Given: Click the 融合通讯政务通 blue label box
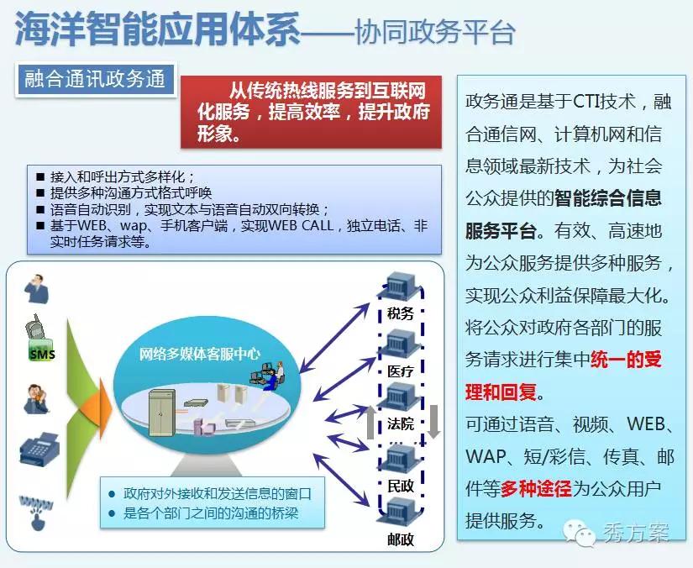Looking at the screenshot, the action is pyautogui.click(x=95, y=80).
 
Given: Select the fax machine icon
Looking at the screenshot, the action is pyautogui.click(x=39, y=448).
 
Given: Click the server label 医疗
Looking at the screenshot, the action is pyautogui.click(x=401, y=371).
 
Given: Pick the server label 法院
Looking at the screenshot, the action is pyautogui.click(x=401, y=424).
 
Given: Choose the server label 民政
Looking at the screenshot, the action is pyautogui.click(x=401, y=486).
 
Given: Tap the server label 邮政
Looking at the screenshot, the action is pyautogui.click(x=401, y=539).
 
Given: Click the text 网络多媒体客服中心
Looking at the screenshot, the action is pyautogui.click(x=199, y=354).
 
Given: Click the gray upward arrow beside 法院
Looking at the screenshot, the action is pyautogui.click(x=370, y=421).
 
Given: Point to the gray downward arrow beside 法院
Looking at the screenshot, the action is pyautogui.click(x=434, y=421).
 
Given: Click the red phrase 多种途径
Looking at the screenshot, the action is pyautogui.click(x=536, y=488).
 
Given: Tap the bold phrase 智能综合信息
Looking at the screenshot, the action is pyautogui.click(x=607, y=198).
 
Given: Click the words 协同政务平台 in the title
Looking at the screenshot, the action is pyautogui.click(x=435, y=32).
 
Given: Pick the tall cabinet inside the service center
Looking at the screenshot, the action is pyautogui.click(x=162, y=413).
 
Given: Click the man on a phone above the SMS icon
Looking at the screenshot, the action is pyautogui.click(x=37, y=289).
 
